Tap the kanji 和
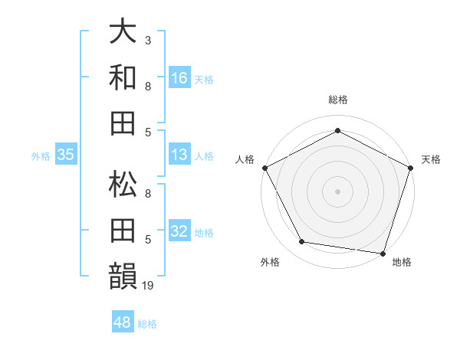pos(123,77)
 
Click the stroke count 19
pos(149,286)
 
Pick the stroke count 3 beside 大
pos(148,38)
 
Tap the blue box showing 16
pos(179,77)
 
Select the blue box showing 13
pos(179,155)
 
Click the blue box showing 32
pos(179,232)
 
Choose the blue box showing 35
pos(66,155)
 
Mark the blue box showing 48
pos(123,322)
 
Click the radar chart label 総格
pos(337,100)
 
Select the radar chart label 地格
pos(402,263)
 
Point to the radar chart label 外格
pos(270,263)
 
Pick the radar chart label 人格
pos(245,159)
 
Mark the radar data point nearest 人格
pos(264,167)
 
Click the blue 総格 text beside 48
pos(147,324)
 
